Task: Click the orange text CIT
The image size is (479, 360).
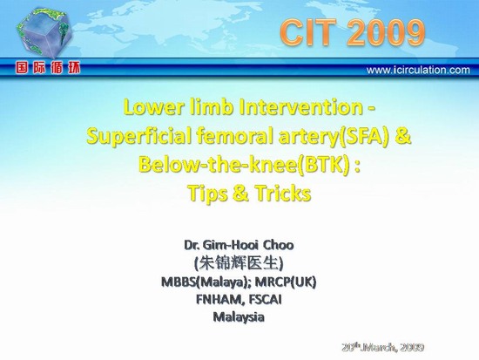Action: [x=308, y=32]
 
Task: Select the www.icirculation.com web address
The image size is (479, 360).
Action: [x=418, y=70]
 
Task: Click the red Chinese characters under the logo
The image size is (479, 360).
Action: [x=48, y=68]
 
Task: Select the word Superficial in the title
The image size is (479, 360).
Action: [x=139, y=136]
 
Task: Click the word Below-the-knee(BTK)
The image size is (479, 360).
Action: [x=244, y=165]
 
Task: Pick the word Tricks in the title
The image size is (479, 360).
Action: [x=283, y=194]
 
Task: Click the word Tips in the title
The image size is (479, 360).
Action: [x=208, y=194]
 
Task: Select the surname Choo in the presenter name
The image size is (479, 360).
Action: [x=279, y=245]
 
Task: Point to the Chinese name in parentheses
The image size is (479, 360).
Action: [x=239, y=263]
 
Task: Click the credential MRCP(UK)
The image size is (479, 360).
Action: [x=286, y=282]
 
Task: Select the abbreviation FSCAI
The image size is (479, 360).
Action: [x=265, y=300]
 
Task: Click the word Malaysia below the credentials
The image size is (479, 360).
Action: [x=239, y=317]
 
